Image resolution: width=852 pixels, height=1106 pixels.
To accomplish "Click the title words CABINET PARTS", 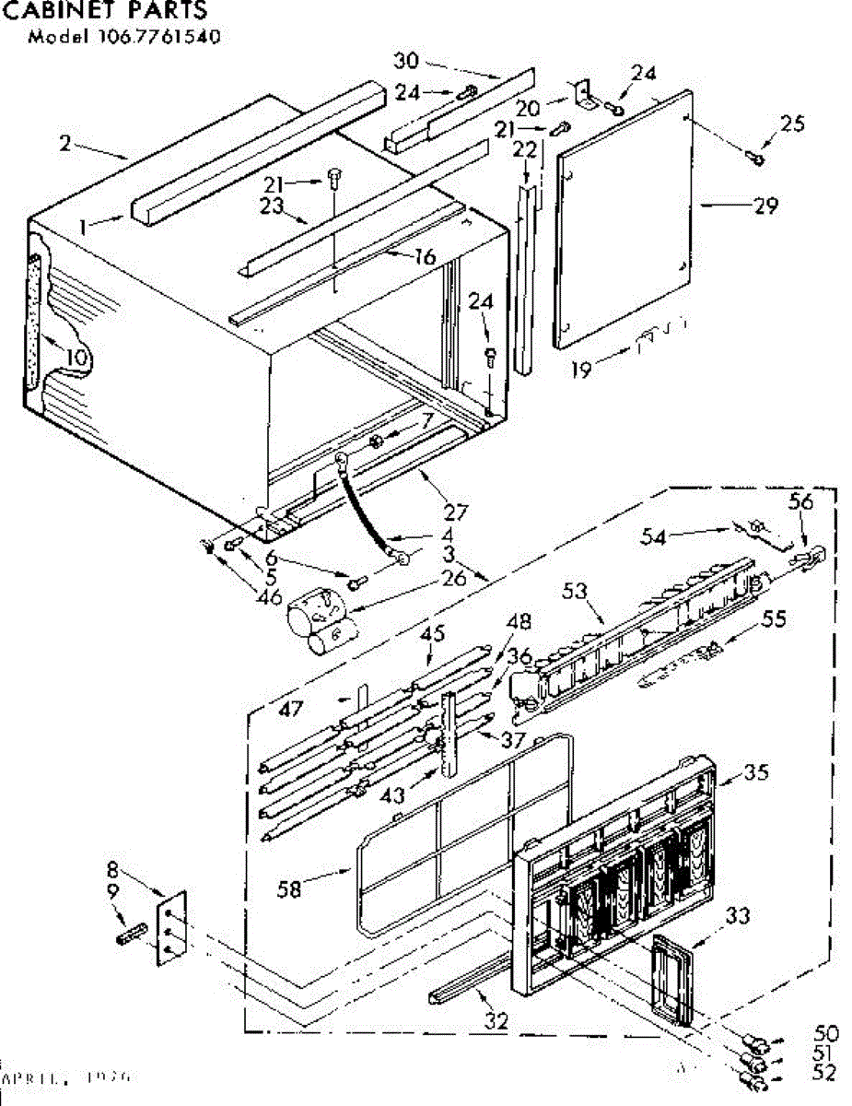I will pos(104,12).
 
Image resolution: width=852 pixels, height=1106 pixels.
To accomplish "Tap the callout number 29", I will pos(765,206).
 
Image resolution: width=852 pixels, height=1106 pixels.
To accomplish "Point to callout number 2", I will pos(64,143).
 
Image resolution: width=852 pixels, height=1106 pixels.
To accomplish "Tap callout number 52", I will pos(827,1072).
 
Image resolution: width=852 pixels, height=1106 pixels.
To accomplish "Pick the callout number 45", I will pos(433,633).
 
